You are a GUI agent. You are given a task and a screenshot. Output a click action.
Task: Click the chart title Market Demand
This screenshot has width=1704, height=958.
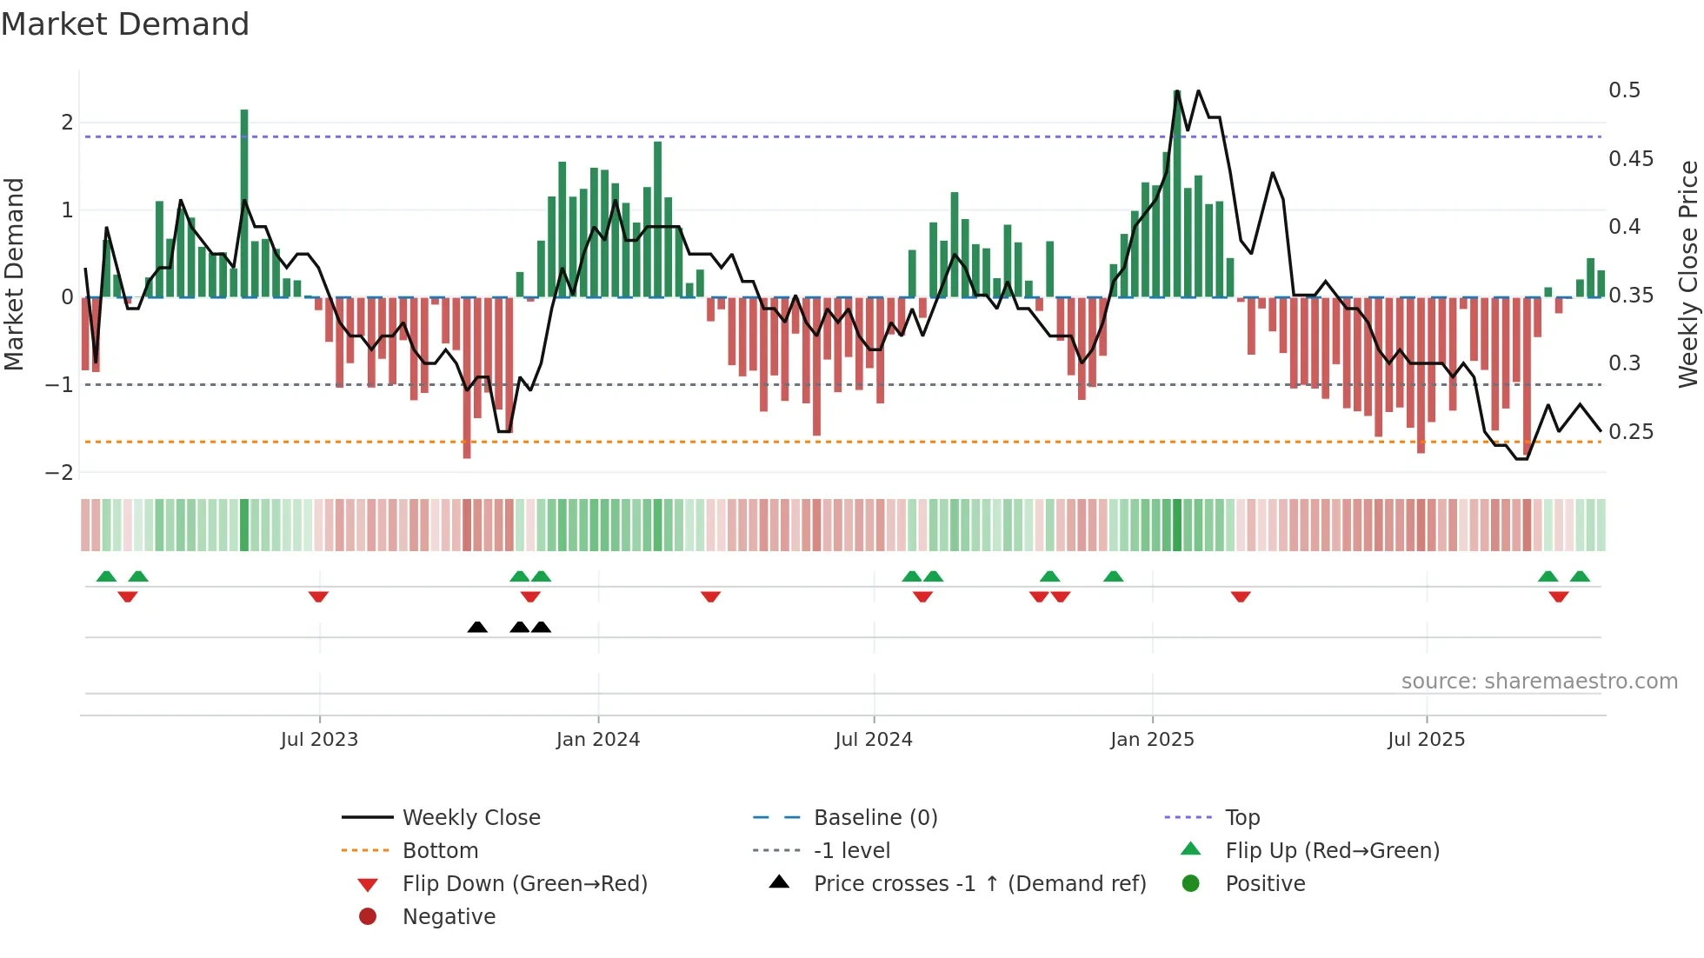(x=125, y=24)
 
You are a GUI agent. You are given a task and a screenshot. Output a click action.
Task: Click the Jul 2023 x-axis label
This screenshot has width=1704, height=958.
(x=319, y=740)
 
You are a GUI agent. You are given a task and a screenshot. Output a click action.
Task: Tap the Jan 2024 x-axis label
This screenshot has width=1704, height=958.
(x=598, y=740)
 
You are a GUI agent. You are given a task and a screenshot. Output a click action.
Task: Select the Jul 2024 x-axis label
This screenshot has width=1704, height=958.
(x=874, y=740)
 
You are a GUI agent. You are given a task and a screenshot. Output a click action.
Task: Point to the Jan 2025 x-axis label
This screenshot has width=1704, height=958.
(x=1152, y=740)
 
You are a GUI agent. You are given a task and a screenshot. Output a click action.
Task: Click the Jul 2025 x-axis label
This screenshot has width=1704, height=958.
(x=1426, y=740)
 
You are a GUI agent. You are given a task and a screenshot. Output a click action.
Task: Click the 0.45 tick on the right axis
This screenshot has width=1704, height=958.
(x=1630, y=159)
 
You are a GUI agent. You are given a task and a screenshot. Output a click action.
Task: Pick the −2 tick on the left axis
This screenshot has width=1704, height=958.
(x=60, y=473)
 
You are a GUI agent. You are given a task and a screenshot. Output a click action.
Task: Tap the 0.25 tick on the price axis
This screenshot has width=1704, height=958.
(x=1630, y=432)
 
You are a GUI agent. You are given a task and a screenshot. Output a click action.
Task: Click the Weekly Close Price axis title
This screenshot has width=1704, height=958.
(x=1687, y=274)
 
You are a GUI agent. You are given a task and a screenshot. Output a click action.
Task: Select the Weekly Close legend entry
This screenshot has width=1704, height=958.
(x=471, y=818)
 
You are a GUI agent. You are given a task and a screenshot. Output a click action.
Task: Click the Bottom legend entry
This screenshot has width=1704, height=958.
(x=440, y=851)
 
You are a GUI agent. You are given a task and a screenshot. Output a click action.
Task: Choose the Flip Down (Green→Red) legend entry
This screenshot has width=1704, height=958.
(x=524, y=884)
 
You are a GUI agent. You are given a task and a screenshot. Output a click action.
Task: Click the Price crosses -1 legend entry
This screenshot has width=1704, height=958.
(x=979, y=884)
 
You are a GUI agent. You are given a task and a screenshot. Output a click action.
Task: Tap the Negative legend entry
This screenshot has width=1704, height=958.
(x=449, y=917)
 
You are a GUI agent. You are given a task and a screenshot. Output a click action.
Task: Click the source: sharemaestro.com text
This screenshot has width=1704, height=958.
(x=1539, y=682)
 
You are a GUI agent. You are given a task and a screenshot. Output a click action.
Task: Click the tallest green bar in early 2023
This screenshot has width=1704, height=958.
(x=244, y=200)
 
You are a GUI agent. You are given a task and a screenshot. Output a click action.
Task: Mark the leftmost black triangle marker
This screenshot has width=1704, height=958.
(x=477, y=628)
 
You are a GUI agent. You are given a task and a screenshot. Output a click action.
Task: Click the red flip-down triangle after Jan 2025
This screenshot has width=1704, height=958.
(x=1241, y=596)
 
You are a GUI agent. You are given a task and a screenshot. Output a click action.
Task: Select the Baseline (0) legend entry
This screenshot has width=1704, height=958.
(x=875, y=818)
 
